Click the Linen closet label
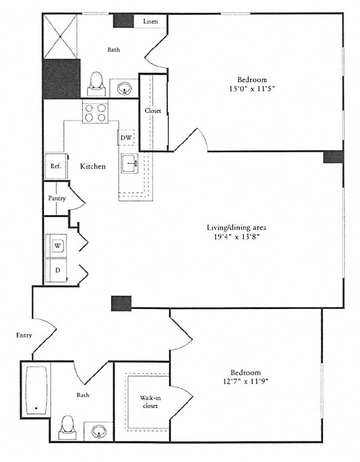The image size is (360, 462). click(150, 22)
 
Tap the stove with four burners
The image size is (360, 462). click(96, 112)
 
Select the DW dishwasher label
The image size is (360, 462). click(126, 137)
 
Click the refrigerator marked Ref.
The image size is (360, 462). click(56, 166)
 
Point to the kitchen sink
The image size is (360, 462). click(130, 163)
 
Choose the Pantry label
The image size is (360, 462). click(57, 198)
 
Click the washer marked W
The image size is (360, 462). click(57, 246)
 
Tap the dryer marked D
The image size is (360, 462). click(57, 270)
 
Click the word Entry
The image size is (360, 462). click(24, 335)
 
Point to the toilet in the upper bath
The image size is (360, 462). click(96, 84)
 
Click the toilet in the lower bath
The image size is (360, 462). click(68, 428)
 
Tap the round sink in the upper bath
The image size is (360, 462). click(125, 89)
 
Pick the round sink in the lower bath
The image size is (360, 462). click(99, 431)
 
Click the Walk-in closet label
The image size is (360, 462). click(150, 402)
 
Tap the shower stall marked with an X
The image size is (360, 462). click(60, 36)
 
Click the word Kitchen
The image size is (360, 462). click(93, 166)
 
